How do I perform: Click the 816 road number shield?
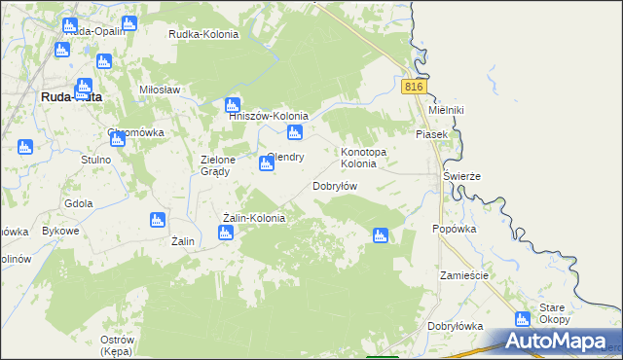coord(415,87)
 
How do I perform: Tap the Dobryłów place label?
coord(336,185)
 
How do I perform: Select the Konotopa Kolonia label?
coord(365,158)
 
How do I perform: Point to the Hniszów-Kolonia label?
coord(268,116)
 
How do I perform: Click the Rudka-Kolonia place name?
coord(203,34)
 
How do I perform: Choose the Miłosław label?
coord(161,89)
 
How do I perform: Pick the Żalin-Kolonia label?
coord(253,218)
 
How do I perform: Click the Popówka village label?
coord(454,229)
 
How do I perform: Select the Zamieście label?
coord(463,275)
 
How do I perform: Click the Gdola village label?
coord(78,203)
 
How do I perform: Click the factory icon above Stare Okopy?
coord(523,318)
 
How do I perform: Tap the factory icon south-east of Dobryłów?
coord(381,234)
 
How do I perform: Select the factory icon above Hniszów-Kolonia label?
coord(232,103)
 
